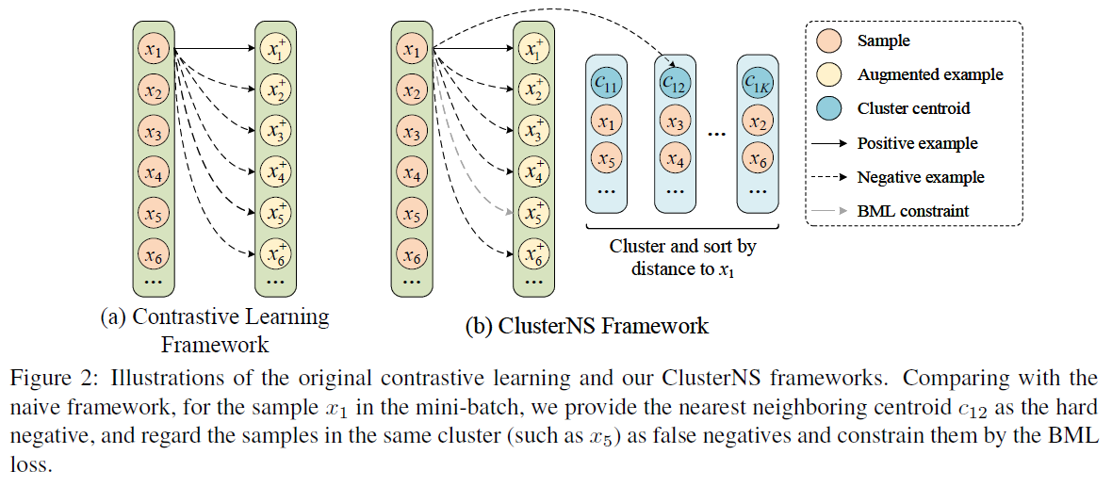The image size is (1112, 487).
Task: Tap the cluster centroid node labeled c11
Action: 607,83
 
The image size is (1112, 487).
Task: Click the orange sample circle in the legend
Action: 831,41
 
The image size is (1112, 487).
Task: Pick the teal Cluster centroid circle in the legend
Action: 831,108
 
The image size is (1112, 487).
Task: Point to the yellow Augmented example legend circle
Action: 831,74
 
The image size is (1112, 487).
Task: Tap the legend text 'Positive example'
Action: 917,143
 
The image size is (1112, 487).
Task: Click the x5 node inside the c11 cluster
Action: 607,160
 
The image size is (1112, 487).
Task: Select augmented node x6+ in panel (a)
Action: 276,253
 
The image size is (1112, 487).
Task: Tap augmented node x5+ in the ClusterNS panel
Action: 533,213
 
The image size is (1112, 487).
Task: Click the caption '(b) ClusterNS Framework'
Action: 586,327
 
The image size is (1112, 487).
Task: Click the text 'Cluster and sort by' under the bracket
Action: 682,247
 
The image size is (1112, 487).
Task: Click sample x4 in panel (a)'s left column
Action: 154,172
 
